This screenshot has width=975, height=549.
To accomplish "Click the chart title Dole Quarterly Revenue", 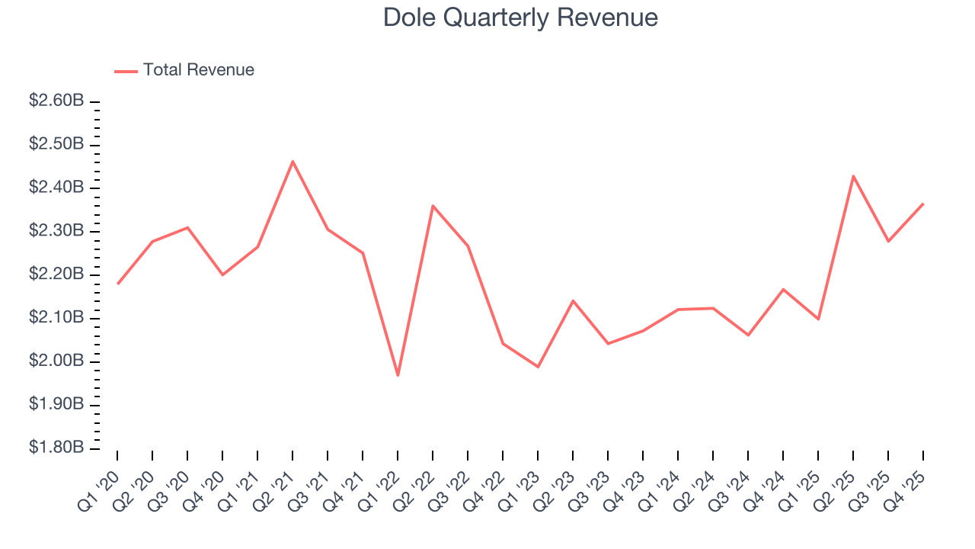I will point(520,17).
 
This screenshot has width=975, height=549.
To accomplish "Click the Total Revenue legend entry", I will point(198,70).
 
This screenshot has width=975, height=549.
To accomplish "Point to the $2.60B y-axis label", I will point(56,101).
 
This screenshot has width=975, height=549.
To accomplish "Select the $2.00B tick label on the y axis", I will point(56,361).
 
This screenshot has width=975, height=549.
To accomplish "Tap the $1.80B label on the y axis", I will point(56,448).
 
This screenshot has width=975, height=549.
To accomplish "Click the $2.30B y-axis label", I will point(56,231).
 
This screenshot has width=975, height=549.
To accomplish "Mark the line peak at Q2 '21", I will point(292,161).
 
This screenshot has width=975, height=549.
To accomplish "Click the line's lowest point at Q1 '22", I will point(398,375).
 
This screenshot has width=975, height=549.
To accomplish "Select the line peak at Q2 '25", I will point(853,175).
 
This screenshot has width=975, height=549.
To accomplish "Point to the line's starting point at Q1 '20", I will point(117,284).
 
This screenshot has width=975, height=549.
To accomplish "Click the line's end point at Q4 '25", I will point(923,204).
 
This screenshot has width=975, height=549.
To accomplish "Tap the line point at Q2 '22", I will point(433,205).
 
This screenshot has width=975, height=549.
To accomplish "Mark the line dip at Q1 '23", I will point(538,367).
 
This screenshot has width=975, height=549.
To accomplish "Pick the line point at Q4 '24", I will point(783,289).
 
